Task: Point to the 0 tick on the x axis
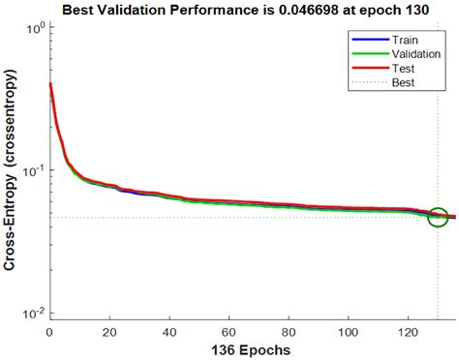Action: click(x=49, y=331)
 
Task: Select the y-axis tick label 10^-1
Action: click(x=32, y=171)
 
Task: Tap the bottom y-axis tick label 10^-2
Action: click(x=32, y=314)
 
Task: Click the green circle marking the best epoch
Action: click(x=438, y=217)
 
